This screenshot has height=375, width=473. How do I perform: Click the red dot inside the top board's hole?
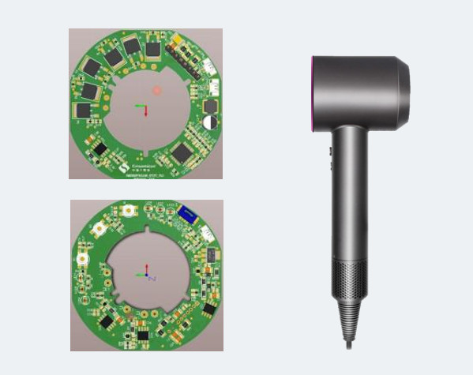157,91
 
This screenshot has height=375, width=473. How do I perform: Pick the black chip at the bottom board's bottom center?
144,336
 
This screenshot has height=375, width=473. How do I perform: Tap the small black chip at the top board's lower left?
99,148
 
